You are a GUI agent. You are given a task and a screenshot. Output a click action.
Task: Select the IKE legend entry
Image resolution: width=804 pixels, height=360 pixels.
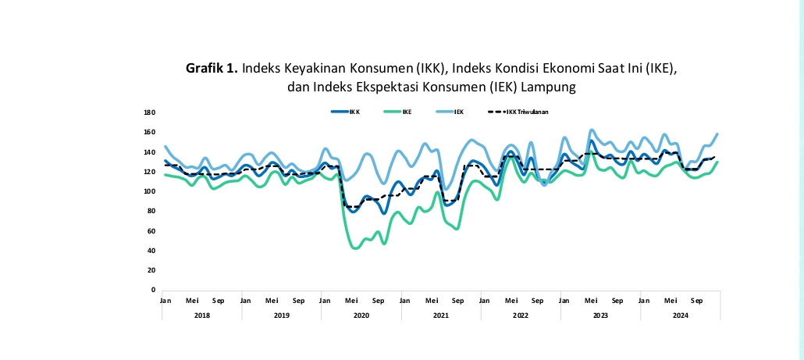point(407,112)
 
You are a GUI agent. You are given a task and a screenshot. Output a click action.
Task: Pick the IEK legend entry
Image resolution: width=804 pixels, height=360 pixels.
point(460,112)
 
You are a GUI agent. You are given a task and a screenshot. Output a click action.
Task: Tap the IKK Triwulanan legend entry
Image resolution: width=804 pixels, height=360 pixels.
point(527,112)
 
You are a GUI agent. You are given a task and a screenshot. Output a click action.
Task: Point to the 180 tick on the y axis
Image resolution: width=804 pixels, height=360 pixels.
point(149,112)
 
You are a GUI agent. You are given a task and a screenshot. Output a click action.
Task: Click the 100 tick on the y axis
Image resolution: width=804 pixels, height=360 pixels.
point(149,191)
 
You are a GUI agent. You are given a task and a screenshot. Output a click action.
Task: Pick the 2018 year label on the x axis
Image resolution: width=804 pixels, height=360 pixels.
point(201,315)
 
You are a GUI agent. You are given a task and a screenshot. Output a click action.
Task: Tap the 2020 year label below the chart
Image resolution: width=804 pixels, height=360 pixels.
point(361,315)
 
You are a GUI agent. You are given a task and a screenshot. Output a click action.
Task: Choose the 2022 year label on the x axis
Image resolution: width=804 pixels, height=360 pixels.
point(521,315)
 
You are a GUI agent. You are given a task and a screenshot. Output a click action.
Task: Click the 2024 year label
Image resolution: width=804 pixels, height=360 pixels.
point(680,315)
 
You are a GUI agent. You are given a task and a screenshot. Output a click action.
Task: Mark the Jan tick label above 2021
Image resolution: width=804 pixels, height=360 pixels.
point(404,300)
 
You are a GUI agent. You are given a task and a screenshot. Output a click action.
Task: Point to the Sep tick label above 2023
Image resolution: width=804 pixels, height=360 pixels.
point(617,300)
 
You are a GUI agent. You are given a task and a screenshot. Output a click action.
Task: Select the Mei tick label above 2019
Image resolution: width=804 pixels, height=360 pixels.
point(272,300)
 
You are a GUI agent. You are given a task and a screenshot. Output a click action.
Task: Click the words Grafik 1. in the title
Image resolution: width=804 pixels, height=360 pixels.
point(212,69)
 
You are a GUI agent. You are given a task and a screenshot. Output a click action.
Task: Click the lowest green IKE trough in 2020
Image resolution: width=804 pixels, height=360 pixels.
point(356,248)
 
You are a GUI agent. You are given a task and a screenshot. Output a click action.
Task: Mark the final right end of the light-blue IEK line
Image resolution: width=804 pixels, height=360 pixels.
point(717,134)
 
